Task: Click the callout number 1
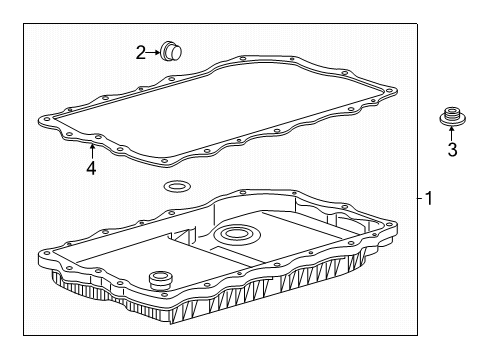click(x=428, y=199)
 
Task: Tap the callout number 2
click(x=142, y=52)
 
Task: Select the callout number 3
click(x=451, y=150)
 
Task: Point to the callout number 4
click(x=91, y=168)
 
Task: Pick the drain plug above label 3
click(x=451, y=120)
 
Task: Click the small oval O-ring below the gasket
click(x=177, y=186)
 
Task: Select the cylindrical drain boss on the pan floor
click(x=158, y=279)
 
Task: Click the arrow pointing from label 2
click(x=156, y=52)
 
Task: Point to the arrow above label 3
click(x=451, y=135)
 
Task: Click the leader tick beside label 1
click(x=418, y=199)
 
